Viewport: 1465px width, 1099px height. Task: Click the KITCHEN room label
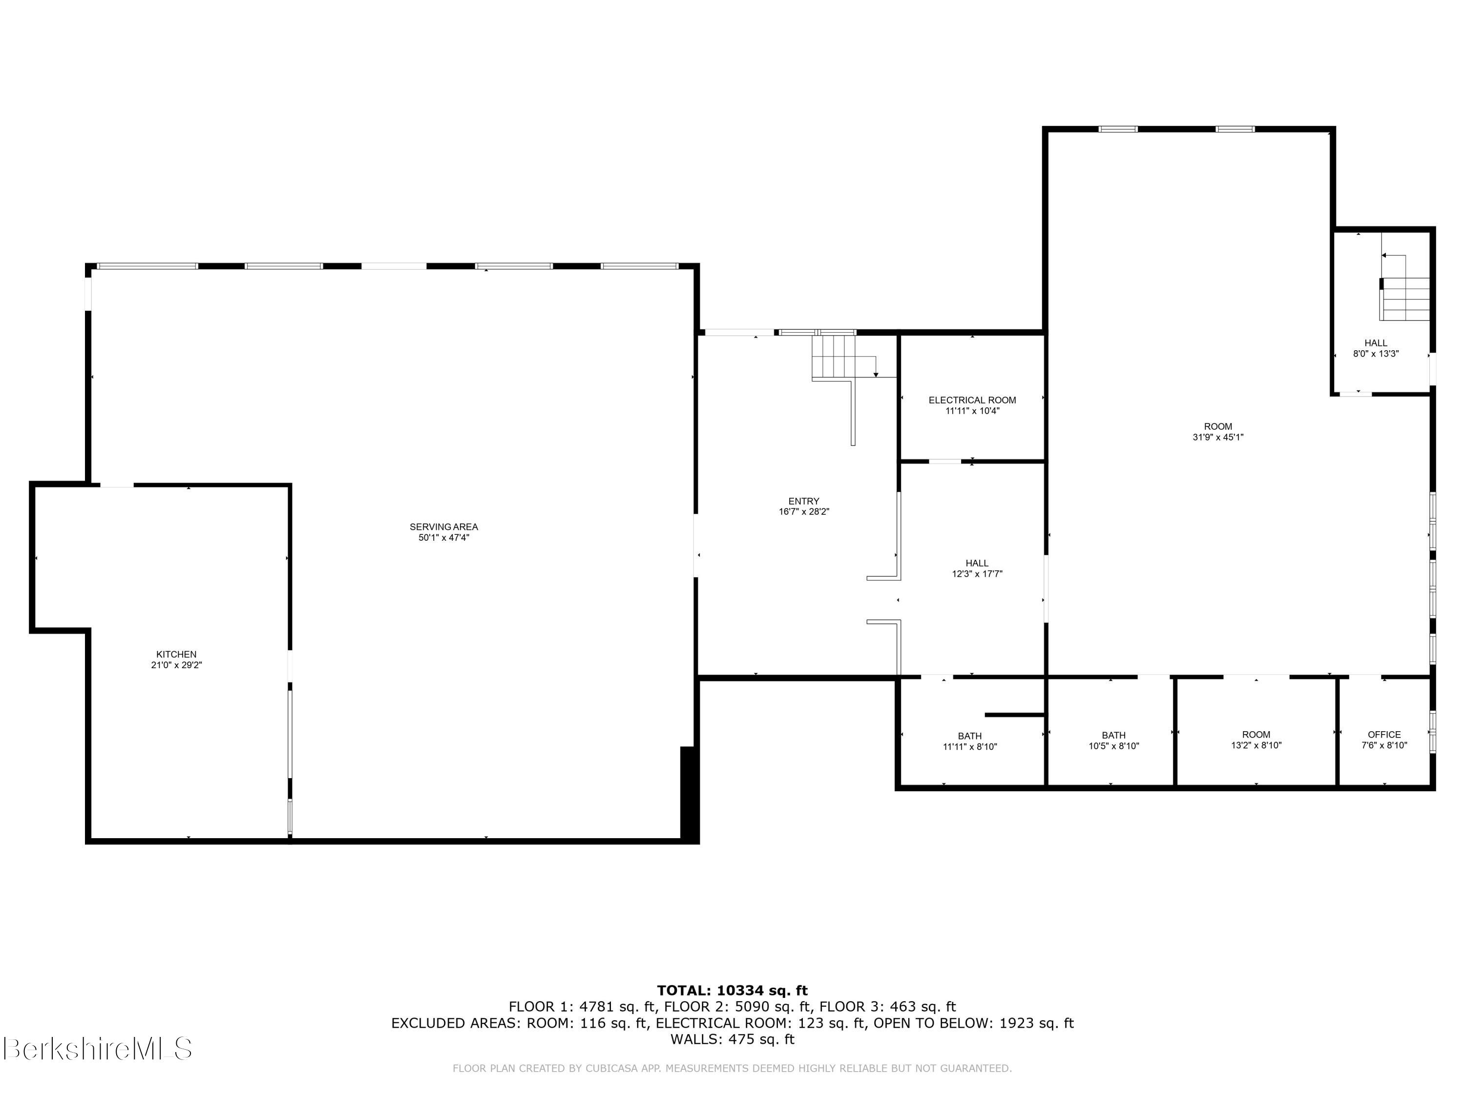pyautogui.click(x=176, y=655)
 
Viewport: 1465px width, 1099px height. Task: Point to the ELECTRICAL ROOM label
pyautogui.click(x=972, y=400)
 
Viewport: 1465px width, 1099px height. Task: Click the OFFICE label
pyautogui.click(x=1383, y=735)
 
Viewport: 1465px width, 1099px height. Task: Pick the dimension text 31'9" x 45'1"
pyautogui.click(x=1218, y=437)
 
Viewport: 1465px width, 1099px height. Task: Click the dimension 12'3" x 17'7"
pyautogui.click(x=977, y=574)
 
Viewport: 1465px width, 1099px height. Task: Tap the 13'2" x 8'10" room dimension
pyautogui.click(x=1256, y=745)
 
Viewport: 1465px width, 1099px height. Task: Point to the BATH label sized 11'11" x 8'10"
pyautogui.click(x=970, y=736)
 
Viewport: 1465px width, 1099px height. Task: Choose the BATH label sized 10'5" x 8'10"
pyautogui.click(x=1113, y=735)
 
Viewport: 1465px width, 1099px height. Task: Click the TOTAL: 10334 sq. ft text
pyautogui.click(x=732, y=991)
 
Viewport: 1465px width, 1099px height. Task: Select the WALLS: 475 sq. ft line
pyautogui.click(x=732, y=1039)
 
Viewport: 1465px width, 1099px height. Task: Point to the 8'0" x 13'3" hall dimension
pyautogui.click(x=1376, y=354)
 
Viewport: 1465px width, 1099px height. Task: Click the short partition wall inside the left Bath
pyautogui.click(x=1014, y=715)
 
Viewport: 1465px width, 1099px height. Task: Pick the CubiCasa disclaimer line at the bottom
pyautogui.click(x=732, y=1068)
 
